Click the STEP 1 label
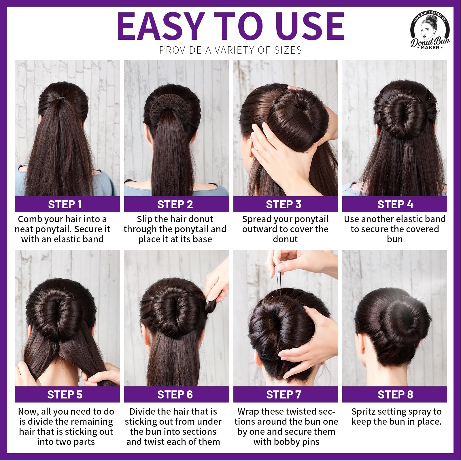[x=65, y=204]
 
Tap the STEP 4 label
[x=395, y=204]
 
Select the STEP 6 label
[x=175, y=394]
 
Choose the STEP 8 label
[x=395, y=394]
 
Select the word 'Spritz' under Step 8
[x=365, y=411]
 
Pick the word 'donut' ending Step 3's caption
[x=285, y=239]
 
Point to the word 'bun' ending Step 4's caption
[x=395, y=239]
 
